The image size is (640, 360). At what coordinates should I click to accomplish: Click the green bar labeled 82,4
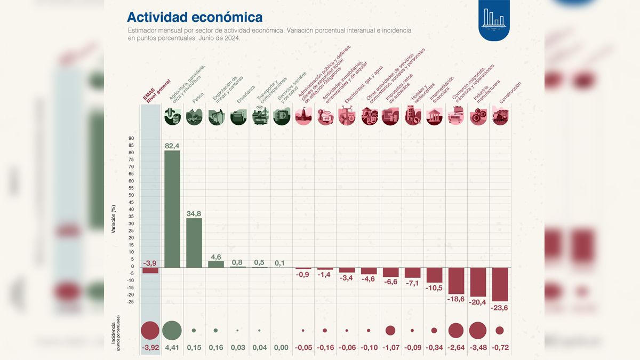click(172, 208)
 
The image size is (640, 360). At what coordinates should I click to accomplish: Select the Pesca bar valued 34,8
click(194, 242)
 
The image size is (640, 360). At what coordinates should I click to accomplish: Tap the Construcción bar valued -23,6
click(500, 284)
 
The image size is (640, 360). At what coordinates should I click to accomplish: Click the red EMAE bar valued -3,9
click(150, 270)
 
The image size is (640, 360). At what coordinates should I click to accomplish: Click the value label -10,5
click(434, 289)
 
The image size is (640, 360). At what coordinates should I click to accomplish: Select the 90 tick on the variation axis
click(131, 139)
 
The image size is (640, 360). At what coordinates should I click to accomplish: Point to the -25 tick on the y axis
click(131, 302)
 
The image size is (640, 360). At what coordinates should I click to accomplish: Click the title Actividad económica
click(195, 17)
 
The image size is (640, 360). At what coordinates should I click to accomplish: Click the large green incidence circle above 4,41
click(172, 331)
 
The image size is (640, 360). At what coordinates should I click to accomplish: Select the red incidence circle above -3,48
click(477, 331)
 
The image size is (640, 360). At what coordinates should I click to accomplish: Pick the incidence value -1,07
click(390, 348)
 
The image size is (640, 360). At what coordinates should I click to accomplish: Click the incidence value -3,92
click(150, 348)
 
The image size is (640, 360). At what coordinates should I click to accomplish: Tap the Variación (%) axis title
click(114, 219)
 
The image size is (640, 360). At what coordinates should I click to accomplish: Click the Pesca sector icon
click(194, 116)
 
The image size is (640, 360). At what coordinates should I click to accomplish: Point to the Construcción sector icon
click(500, 116)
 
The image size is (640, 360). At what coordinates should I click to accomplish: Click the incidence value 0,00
click(281, 348)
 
